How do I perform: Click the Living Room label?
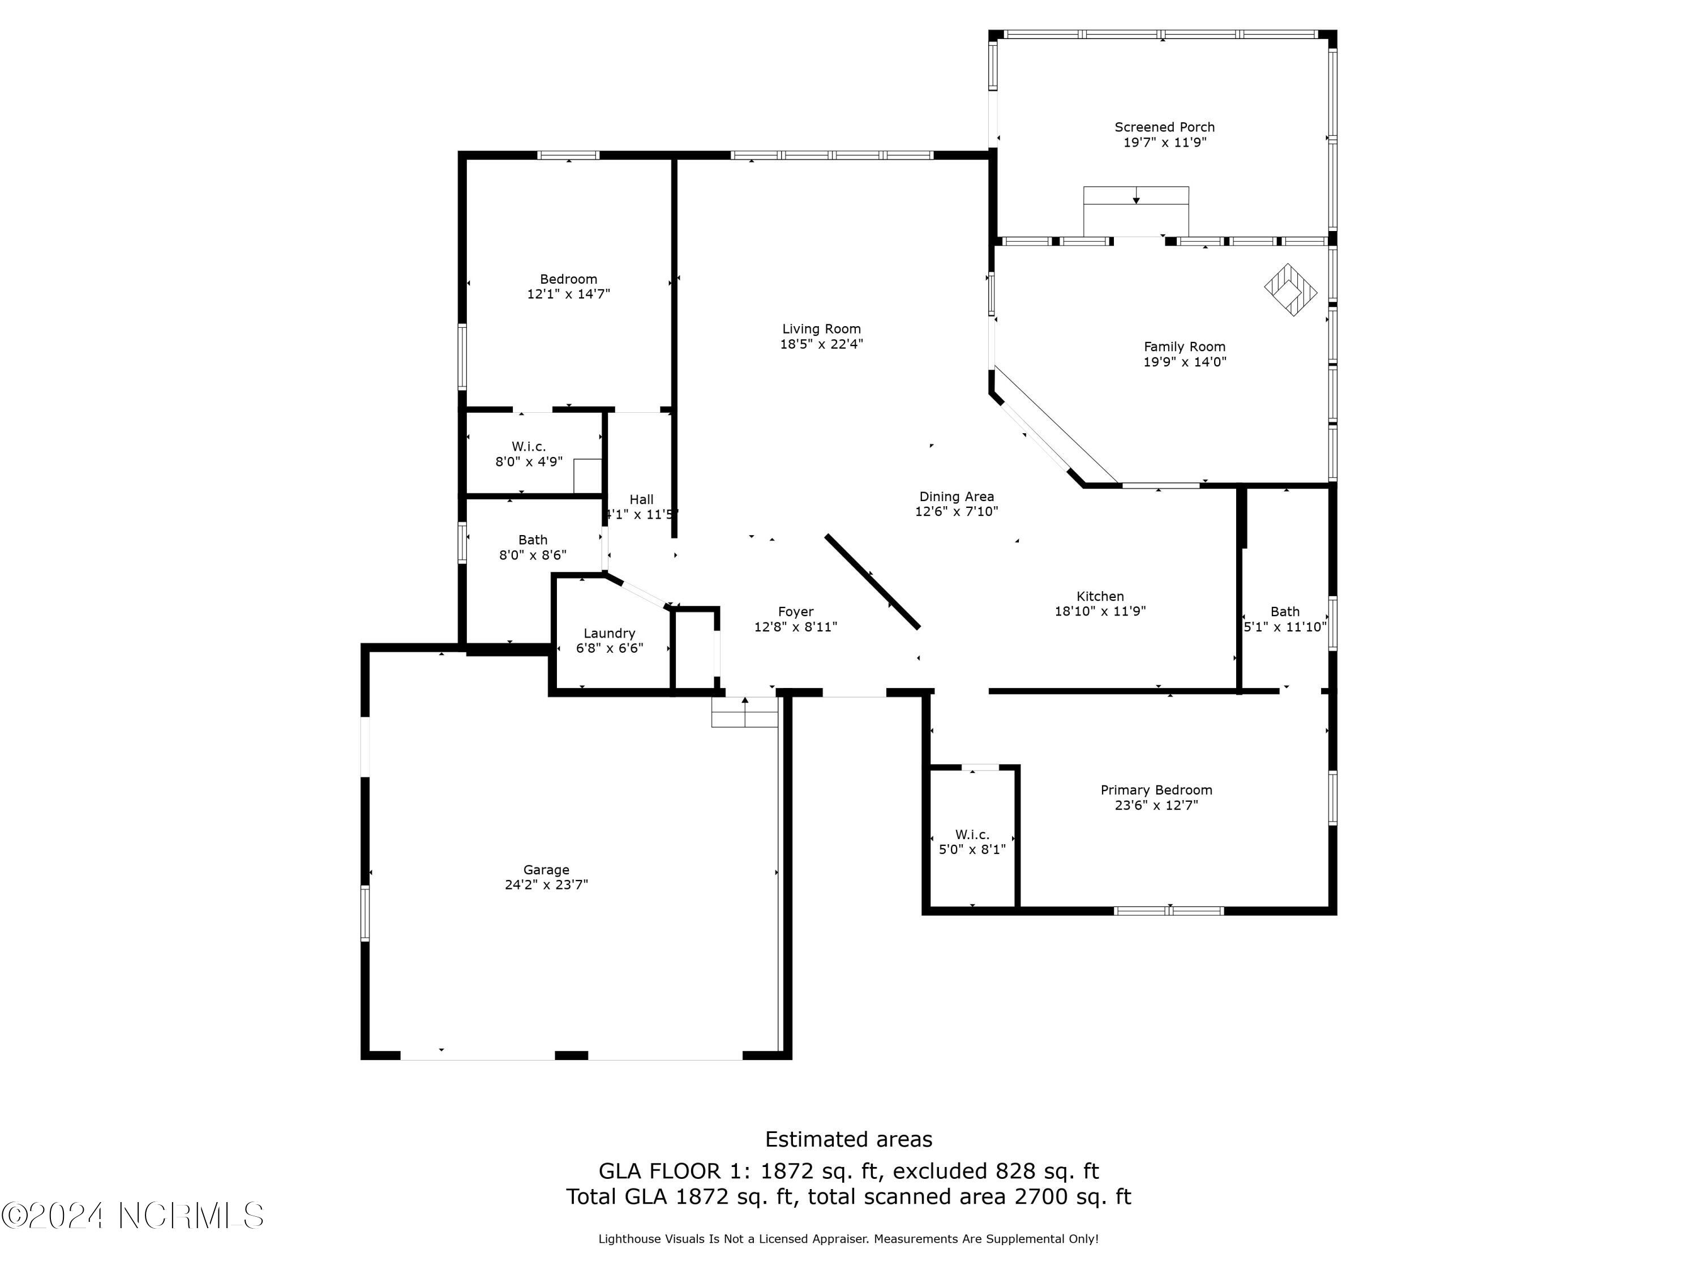click(x=821, y=328)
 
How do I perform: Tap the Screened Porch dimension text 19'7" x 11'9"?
click(x=1164, y=143)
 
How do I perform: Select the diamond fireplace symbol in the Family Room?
click(x=1290, y=290)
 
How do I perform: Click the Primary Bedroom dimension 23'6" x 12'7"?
click(x=1156, y=805)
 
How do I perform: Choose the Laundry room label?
click(x=608, y=633)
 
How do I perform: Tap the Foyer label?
click(x=795, y=612)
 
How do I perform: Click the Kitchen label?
click(x=1099, y=596)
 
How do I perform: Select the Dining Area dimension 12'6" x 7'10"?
click(x=957, y=511)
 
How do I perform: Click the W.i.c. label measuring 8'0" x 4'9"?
click(x=528, y=446)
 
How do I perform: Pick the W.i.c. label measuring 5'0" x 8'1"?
click(x=972, y=834)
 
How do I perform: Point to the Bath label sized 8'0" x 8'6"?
click(x=532, y=540)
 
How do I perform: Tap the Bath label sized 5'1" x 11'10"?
click(x=1284, y=612)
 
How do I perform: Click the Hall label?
click(x=641, y=499)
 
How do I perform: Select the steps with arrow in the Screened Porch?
click(x=1136, y=211)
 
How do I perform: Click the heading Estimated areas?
click(x=848, y=1139)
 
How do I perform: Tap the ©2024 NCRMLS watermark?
click(x=132, y=1216)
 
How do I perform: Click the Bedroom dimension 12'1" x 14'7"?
click(x=568, y=294)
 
